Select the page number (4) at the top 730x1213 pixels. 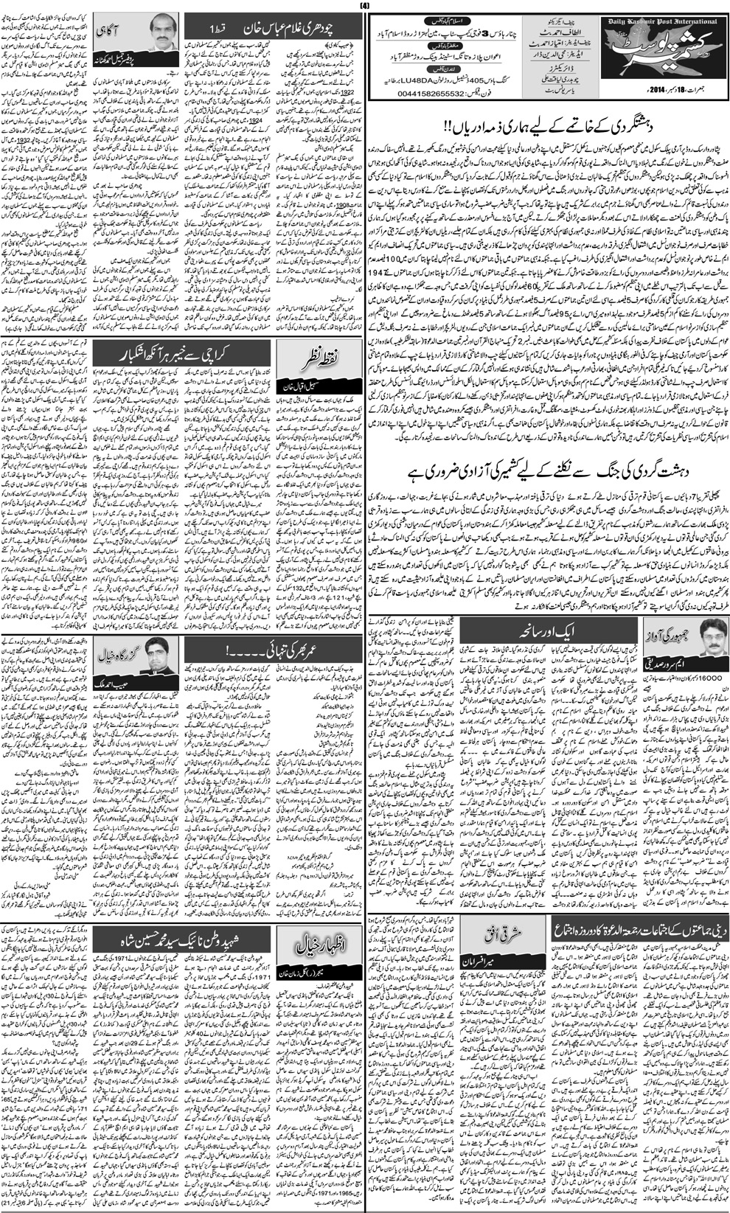pyautogui.click(x=364, y=7)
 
